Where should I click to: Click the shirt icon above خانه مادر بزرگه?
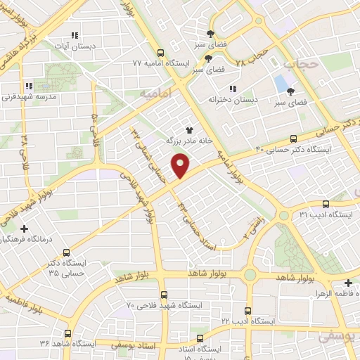[188, 129]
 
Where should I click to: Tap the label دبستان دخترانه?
[232, 101]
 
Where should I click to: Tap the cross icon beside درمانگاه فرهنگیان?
[25, 229]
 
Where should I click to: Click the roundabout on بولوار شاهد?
[251, 275]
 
